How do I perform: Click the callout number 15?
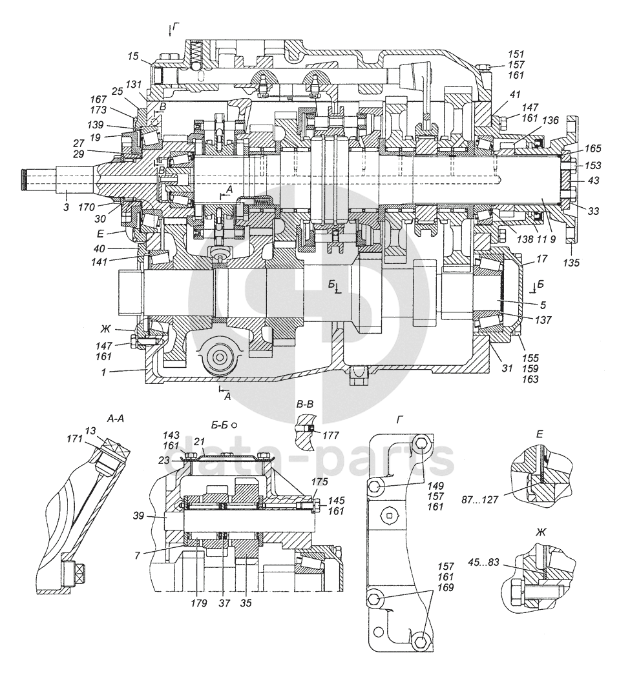(x=133, y=56)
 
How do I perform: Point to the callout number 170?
(x=87, y=208)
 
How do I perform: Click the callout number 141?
(x=100, y=261)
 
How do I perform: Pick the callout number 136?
(x=551, y=120)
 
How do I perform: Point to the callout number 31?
(x=507, y=368)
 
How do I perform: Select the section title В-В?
(x=306, y=405)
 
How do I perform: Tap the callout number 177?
(x=330, y=436)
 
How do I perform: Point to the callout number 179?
(x=199, y=603)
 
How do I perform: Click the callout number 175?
(x=320, y=481)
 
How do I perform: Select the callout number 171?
(x=74, y=439)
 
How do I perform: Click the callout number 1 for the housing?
(x=103, y=373)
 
